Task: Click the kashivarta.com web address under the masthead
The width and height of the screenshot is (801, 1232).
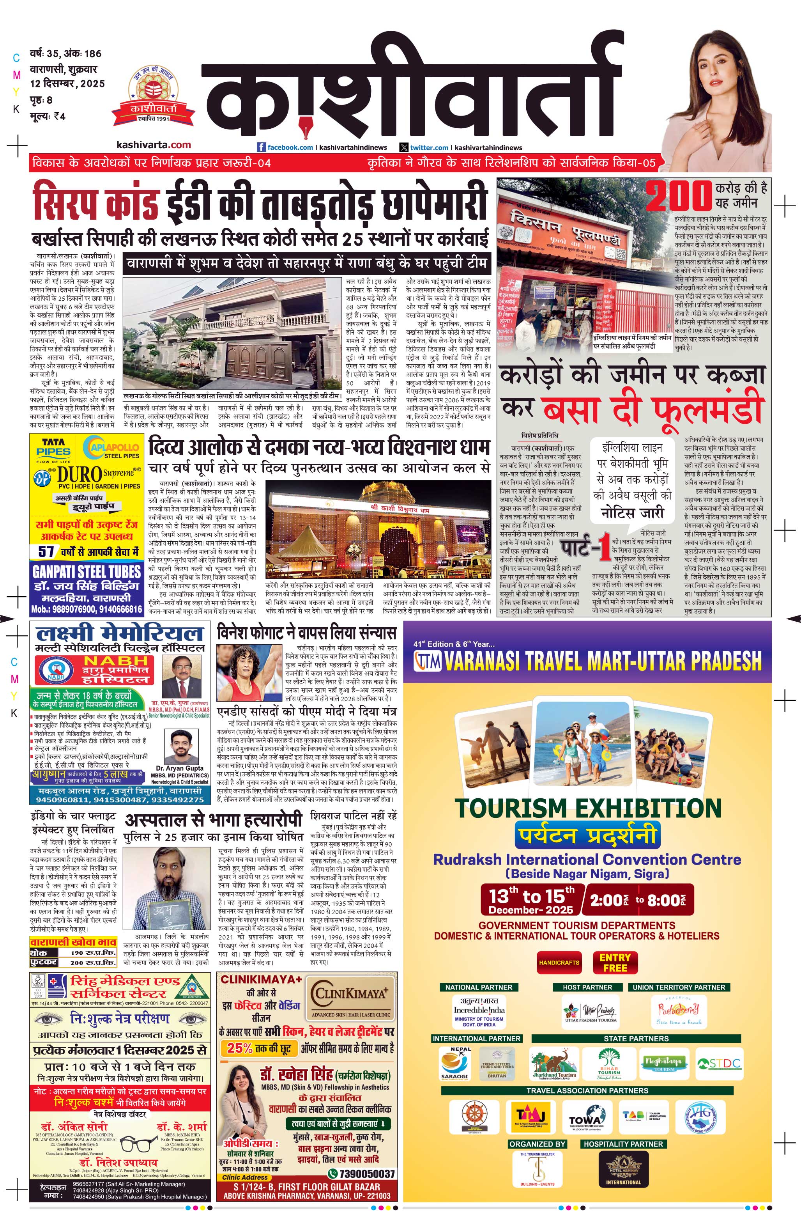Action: point(153,145)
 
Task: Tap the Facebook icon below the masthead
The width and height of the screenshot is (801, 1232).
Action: point(261,147)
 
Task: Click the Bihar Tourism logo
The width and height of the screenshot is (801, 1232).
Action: point(608,1062)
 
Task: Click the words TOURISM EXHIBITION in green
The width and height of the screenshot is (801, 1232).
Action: point(587,808)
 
